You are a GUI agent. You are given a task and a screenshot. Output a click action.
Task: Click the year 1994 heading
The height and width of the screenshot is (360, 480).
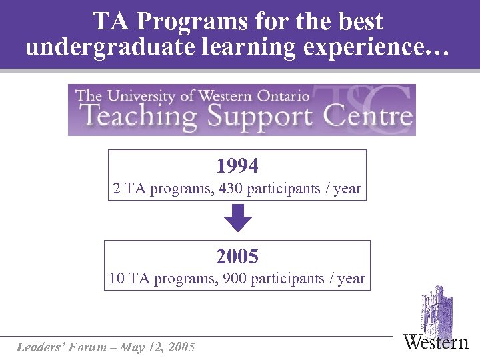click(237, 166)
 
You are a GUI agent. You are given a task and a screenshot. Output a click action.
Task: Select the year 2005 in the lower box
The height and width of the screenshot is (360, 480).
click(237, 256)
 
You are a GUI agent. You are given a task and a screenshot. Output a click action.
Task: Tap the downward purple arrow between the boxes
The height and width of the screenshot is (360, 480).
click(237, 218)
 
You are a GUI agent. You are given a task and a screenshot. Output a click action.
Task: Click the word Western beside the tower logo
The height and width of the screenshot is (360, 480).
click(436, 343)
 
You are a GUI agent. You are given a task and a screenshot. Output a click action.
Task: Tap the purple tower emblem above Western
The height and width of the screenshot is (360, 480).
click(437, 309)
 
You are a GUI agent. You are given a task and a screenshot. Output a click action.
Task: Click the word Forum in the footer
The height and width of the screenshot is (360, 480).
click(89, 347)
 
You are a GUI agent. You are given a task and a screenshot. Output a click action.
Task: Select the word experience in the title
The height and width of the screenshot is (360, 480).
click(379, 47)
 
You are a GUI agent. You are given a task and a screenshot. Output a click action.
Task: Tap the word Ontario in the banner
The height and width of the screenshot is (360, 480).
click(280, 95)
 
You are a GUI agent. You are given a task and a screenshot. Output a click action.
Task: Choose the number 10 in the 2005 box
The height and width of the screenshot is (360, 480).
click(117, 279)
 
